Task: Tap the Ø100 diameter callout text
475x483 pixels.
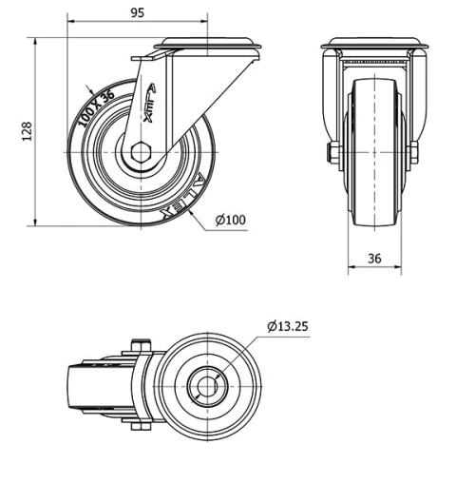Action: point(230,221)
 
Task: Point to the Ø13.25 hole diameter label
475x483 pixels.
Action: point(287,326)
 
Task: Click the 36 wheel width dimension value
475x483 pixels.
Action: point(373,258)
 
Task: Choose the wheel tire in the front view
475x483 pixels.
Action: point(373,152)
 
